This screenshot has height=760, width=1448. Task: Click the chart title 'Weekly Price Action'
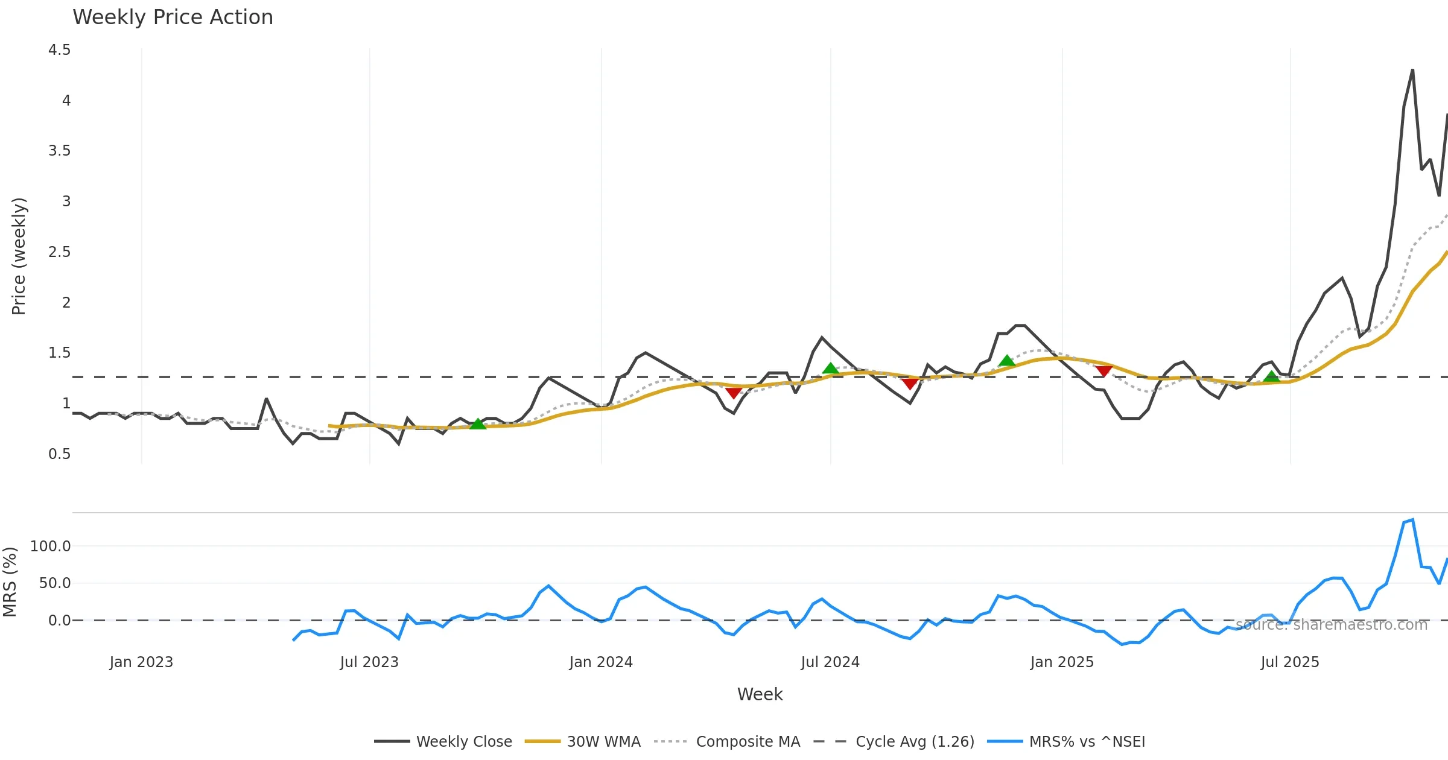(173, 17)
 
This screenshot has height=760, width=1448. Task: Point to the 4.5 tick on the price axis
(59, 50)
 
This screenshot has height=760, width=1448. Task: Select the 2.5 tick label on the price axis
(59, 252)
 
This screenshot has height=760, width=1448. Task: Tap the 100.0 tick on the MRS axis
(50, 546)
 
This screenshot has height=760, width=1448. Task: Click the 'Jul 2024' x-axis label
(830, 662)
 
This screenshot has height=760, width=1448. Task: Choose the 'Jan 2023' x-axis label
(141, 662)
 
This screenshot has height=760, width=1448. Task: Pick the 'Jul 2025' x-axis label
(1290, 662)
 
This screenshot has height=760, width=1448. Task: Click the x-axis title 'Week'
(760, 695)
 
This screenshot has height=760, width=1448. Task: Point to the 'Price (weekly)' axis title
(19, 256)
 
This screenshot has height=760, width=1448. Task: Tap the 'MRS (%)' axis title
(10, 582)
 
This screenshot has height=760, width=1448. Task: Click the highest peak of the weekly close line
(1412, 70)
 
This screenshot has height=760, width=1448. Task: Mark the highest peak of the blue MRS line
(1412, 520)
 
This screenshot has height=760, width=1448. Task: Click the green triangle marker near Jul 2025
(1272, 377)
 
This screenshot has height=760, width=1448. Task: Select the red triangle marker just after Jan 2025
(1104, 371)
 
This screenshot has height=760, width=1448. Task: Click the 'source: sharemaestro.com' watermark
(1332, 625)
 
